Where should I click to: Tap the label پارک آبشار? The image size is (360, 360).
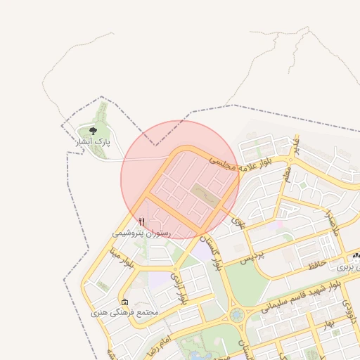pyautogui.click(x=94, y=143)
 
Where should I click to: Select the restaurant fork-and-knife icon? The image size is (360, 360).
pyautogui.click(x=142, y=222)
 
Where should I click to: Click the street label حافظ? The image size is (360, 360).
pyautogui.click(x=316, y=265)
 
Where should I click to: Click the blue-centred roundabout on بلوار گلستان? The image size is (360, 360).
pyautogui.click(x=237, y=314)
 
